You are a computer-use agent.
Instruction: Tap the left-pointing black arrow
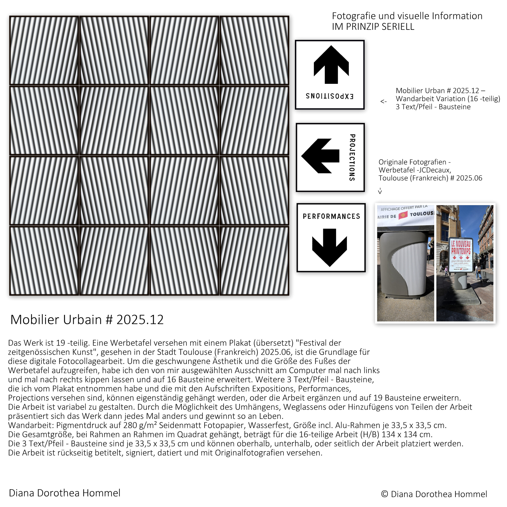[320, 156]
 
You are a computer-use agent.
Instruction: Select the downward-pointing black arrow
[330, 247]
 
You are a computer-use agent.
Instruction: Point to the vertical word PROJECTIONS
[352, 157]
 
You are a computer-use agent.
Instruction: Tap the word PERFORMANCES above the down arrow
[331, 216]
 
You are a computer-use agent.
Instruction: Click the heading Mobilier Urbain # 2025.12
[87, 320]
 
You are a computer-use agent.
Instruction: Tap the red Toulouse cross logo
[403, 216]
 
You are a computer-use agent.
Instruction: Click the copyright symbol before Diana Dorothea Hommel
[384, 494]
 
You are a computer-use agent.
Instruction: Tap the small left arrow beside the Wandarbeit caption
[383, 102]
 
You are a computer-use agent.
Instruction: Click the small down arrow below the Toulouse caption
[380, 191]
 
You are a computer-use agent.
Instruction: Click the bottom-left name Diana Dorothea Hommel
[65, 493]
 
